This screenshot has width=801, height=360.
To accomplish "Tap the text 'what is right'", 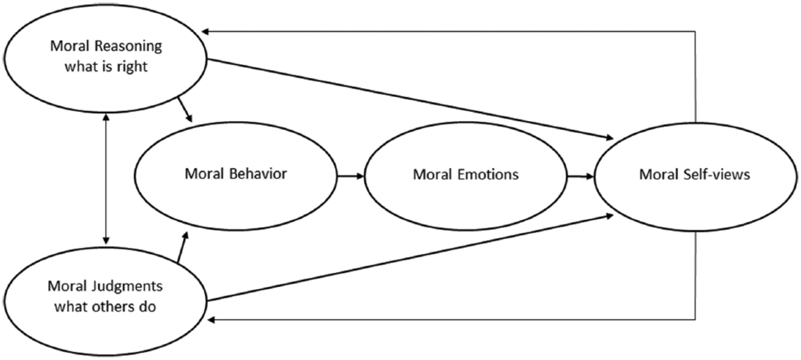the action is tap(106, 67).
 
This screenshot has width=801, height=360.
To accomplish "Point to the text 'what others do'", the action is tap(105, 307).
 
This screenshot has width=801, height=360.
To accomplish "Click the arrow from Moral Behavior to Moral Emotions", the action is tap(350, 176).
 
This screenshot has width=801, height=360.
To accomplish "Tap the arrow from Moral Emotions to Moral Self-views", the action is tap(581, 177).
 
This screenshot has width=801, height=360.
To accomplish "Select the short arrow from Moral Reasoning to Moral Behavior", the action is tap(186, 109).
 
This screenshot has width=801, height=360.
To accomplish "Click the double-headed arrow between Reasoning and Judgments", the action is tap(106, 179).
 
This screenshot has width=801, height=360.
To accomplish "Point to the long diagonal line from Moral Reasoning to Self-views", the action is tap(410, 99).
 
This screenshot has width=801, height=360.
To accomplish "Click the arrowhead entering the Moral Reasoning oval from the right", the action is tap(205, 32).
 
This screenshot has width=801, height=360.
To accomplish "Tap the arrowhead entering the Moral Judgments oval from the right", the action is tap(211, 320).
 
